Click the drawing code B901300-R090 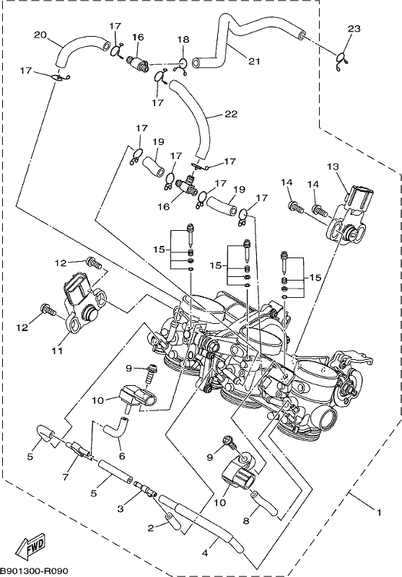click(34, 571)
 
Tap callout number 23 click(354, 28)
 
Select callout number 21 click(254, 61)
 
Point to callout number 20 click(40, 35)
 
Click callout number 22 click(231, 114)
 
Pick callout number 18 click(183, 40)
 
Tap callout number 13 click(333, 167)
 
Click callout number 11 click(57, 351)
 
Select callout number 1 click(378, 512)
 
